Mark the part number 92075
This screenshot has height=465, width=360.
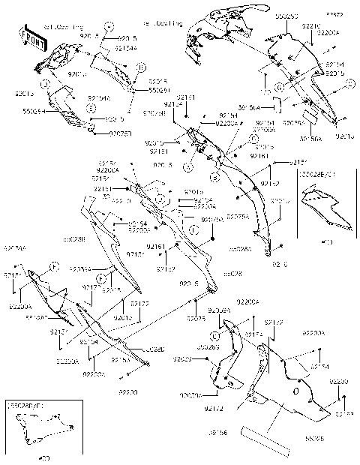point(195,318)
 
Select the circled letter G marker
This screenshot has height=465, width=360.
point(278,88)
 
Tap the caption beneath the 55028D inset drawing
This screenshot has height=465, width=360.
point(44,457)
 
